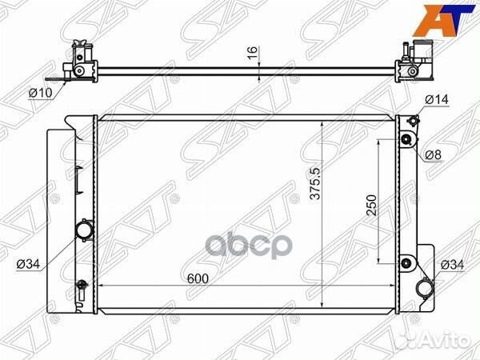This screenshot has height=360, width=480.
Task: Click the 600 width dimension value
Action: [198, 278]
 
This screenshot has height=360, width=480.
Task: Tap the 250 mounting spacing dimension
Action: [371, 205]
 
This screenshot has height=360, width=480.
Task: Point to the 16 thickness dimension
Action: [253, 53]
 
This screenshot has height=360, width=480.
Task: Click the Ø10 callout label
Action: [41, 92]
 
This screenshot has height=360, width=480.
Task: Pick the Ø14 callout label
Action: [437, 99]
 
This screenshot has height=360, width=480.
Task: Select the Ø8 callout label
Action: [434, 155]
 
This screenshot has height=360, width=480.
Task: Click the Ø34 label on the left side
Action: [28, 264]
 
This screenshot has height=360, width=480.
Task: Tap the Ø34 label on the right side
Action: [452, 265]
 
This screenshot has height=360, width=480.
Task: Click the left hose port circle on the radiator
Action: [85, 230]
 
